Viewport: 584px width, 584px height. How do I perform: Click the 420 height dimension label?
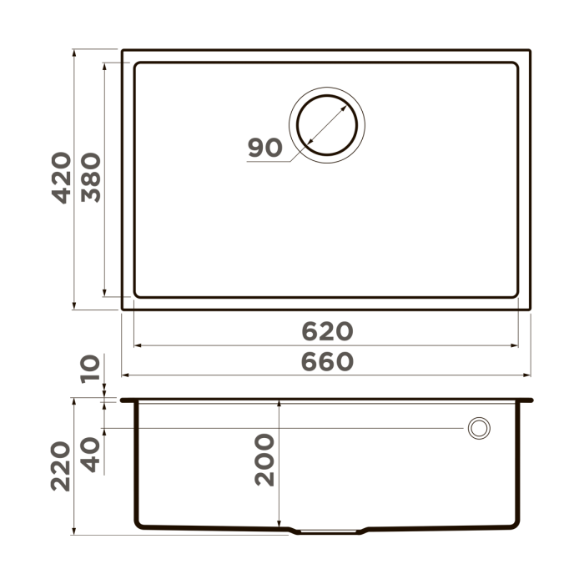tap(60, 178)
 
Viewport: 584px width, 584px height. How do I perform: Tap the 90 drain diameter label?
tap(264, 148)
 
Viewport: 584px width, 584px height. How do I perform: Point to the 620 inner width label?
tap(327, 331)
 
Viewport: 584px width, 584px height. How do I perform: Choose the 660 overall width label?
tap(327, 362)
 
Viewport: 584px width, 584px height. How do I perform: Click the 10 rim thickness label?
tap(90, 367)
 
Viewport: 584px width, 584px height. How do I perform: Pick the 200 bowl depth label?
tap(264, 460)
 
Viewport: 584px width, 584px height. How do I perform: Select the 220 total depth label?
tap(60, 466)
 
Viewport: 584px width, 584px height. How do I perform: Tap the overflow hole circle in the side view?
tap(479, 428)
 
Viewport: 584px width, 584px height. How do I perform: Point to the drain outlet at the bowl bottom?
tap(327, 531)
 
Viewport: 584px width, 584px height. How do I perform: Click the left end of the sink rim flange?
tap(123, 400)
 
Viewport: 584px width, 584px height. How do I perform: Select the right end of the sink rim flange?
tap(531, 400)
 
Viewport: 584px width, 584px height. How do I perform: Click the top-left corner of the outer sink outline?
tap(123, 50)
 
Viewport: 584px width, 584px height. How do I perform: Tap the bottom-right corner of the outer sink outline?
tap(531, 310)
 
